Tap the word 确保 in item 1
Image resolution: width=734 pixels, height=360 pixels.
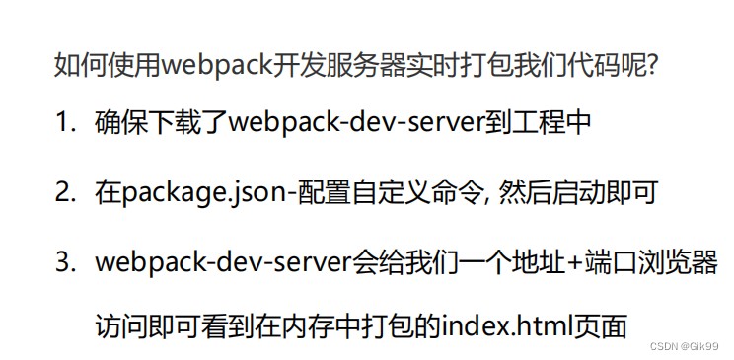(x=120, y=123)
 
